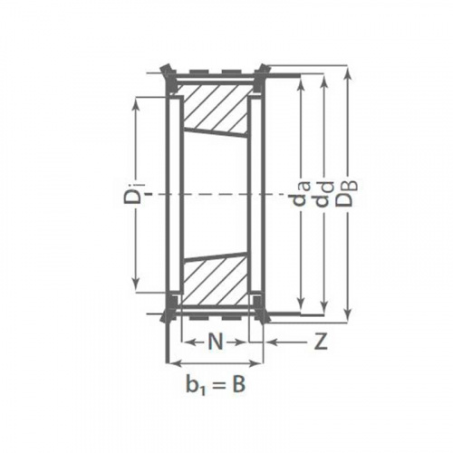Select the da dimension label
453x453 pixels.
coord(300,196)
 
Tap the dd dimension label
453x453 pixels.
coord(323,195)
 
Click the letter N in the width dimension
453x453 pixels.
coord(216,342)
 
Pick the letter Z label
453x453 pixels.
coord(321,342)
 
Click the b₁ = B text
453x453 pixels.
coord(216,384)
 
